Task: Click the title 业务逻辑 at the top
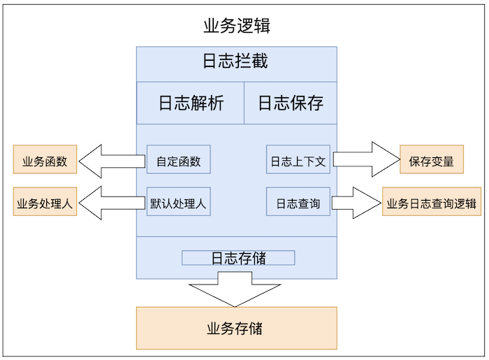(237, 27)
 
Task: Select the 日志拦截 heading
(235, 62)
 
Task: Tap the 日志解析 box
(190, 103)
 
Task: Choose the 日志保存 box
(291, 103)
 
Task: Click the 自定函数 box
(178, 160)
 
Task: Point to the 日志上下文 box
(298, 160)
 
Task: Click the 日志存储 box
(238, 258)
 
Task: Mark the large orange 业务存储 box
(235, 328)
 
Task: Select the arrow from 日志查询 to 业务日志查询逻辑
(356, 203)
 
